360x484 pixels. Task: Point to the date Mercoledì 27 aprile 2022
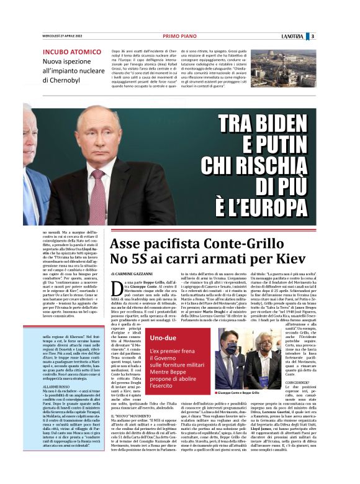point(61,36)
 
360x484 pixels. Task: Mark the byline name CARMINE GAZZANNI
point(141,273)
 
